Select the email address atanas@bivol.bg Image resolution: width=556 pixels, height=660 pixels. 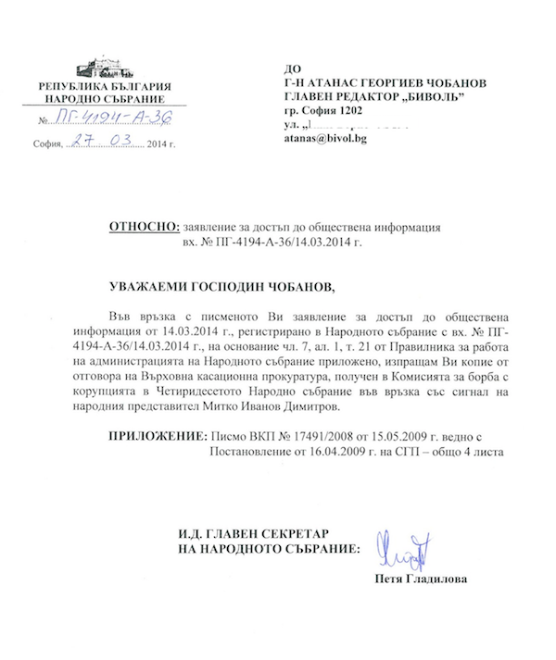(325, 139)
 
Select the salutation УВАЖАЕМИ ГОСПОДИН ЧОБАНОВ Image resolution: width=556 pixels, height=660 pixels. (220, 285)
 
